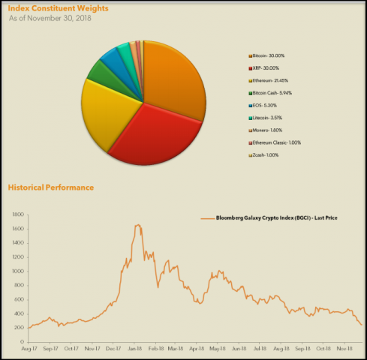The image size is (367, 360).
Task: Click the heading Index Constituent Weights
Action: (58, 8)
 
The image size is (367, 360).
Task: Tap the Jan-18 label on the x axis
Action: (135, 349)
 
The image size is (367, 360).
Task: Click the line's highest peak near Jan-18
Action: (138, 224)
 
